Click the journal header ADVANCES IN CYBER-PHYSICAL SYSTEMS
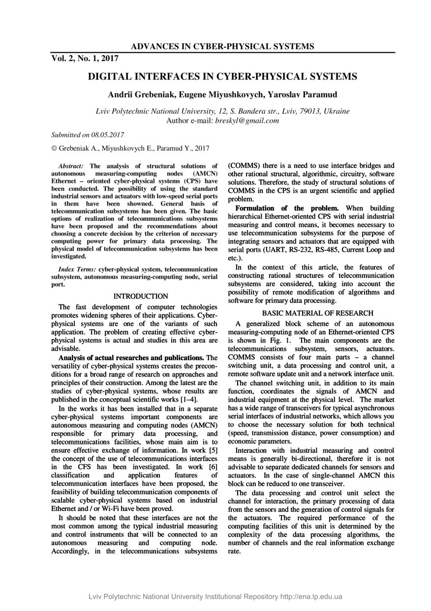pyautogui.click(x=222, y=47)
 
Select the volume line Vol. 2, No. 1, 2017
pyautogui.click(x=85, y=59)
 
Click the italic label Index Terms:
pyautogui.click(x=77, y=270)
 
